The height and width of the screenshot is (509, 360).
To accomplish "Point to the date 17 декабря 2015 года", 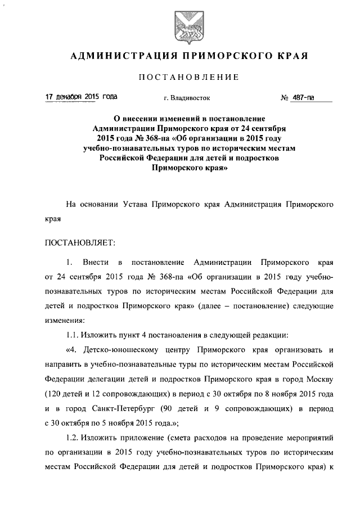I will point(82,97).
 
